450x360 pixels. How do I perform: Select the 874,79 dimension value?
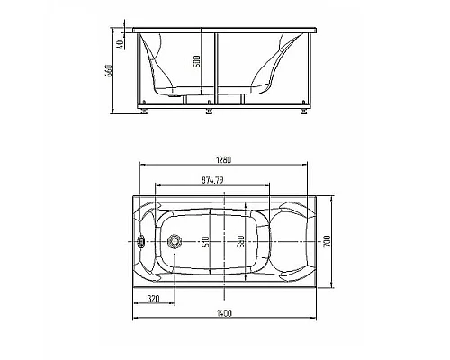pos(211,179)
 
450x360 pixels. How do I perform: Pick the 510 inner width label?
pos(205,242)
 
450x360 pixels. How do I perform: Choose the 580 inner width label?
pos(239,242)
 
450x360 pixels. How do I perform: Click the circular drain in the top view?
pos(175,241)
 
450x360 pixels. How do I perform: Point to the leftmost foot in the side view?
pos(144,113)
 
